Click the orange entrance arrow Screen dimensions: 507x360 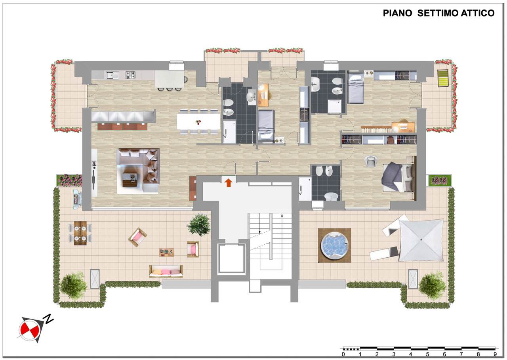point(229,182)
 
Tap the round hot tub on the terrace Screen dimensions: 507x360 point(334,245)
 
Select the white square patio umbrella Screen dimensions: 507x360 point(421,240)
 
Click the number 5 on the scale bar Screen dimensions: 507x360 point(427,354)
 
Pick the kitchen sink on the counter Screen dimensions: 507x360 point(112,75)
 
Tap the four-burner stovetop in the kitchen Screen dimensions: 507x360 point(131,75)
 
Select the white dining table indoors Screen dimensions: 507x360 point(198,122)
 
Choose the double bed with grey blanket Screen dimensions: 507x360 point(399,178)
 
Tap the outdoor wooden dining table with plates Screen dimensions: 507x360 point(80,233)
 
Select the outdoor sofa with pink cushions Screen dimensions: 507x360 point(166,271)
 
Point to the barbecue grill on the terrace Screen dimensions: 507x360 point(77,199)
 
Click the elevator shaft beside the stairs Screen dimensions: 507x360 point(231,259)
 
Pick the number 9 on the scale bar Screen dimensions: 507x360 point(495,354)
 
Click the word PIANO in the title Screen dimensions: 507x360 point(397,13)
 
